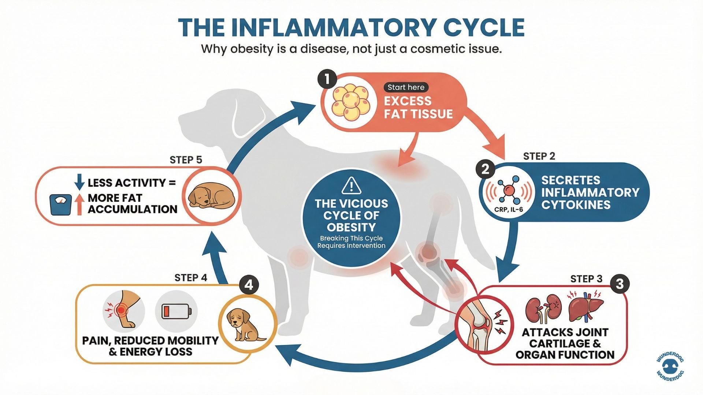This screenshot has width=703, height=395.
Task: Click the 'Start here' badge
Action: (x=406, y=87)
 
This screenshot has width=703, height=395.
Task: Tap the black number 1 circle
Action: (x=327, y=79)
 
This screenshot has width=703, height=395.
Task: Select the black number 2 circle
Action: (x=486, y=169)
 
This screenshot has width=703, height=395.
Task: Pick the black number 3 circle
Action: (x=620, y=284)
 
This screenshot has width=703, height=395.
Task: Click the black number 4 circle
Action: (x=249, y=285)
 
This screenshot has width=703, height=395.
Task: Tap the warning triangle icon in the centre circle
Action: (x=351, y=185)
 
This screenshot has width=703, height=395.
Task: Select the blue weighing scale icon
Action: (x=61, y=204)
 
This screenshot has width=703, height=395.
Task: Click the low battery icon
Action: (x=176, y=312)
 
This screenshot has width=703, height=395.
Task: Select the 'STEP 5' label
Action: (x=186, y=160)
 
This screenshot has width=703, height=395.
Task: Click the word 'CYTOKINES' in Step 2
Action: (x=576, y=205)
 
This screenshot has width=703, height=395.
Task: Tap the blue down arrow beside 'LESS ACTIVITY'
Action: (x=79, y=182)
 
